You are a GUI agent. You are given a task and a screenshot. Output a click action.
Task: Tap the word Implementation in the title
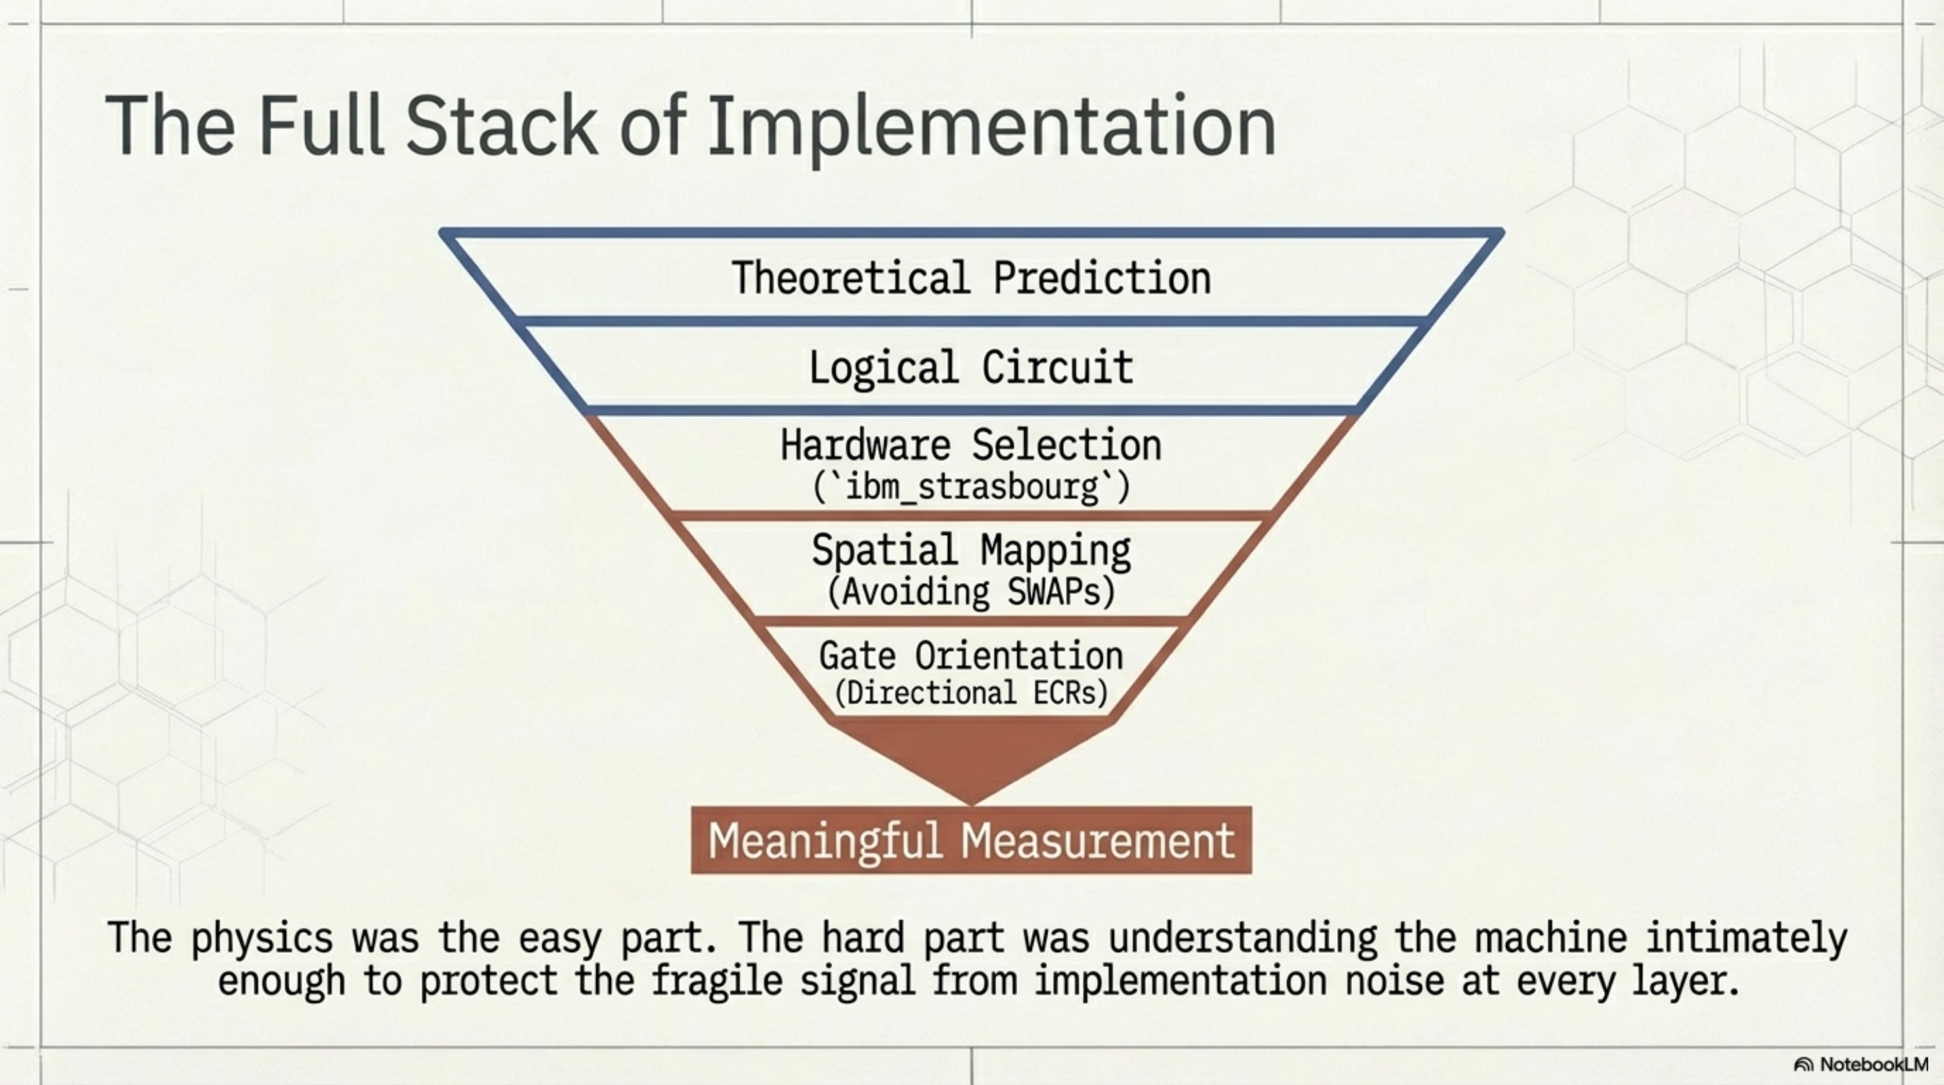click(991, 127)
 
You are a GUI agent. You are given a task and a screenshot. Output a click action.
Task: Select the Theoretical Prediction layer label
click(971, 277)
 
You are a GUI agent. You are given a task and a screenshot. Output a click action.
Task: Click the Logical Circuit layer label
click(971, 368)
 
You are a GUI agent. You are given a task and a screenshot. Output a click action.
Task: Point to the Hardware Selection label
click(971, 445)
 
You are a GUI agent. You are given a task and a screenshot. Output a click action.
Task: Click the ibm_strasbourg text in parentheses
click(971, 487)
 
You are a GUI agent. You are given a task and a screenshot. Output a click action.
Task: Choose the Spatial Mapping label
click(971, 550)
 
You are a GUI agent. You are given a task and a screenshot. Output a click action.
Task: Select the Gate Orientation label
click(971, 656)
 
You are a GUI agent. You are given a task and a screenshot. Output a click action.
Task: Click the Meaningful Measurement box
click(971, 840)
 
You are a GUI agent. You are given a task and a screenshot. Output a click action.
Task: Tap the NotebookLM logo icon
click(1804, 1065)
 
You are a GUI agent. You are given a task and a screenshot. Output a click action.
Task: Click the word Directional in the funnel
click(931, 692)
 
